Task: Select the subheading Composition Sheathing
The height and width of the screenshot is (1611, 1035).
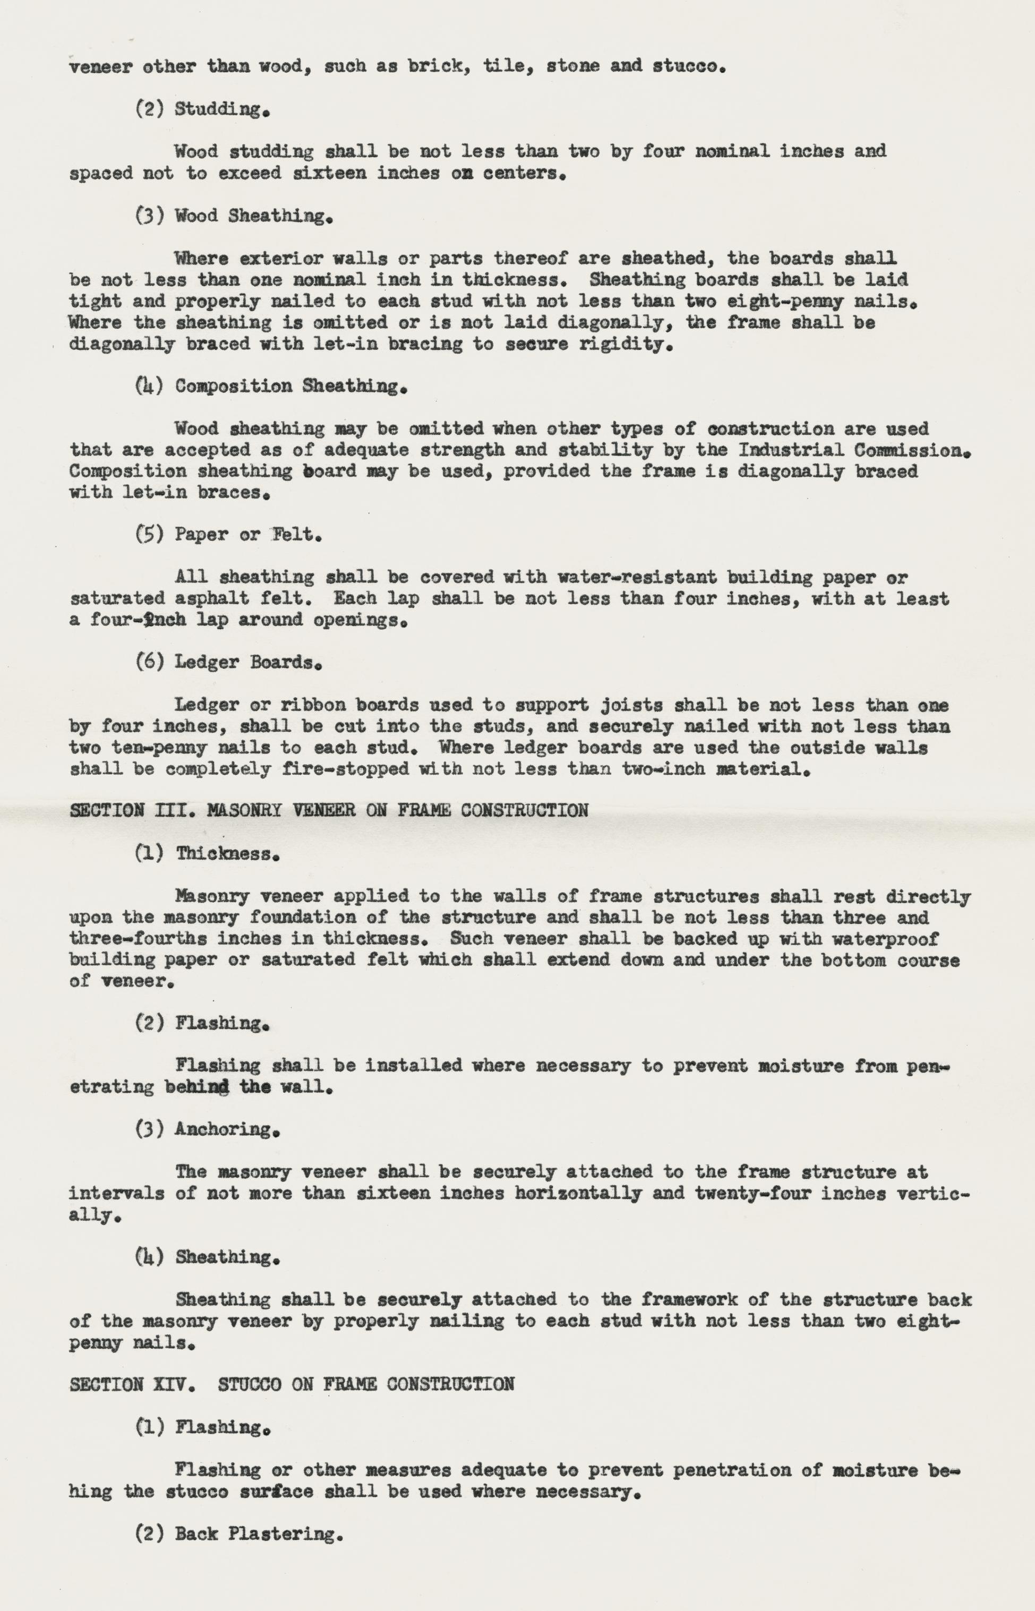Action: [290, 387]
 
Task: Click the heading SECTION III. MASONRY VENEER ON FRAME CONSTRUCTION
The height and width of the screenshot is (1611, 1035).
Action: [329, 810]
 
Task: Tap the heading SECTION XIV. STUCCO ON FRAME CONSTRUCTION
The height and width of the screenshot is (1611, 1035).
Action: [292, 1384]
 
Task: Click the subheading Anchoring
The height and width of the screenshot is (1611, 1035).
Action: [227, 1129]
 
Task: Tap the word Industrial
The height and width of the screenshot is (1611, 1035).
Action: [791, 449]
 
